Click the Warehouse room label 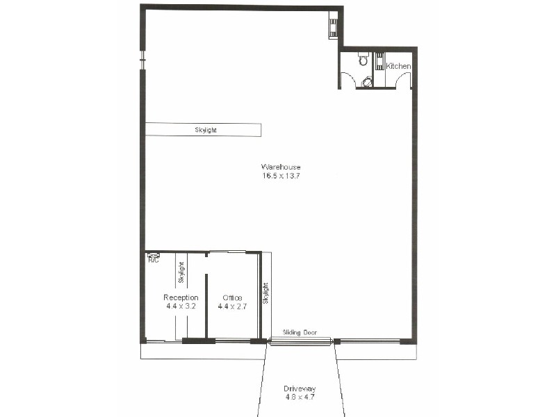pos(281,167)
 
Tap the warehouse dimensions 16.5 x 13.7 pos(281,176)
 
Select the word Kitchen pos(399,66)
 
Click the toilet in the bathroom pos(363,60)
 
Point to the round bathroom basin pos(367,82)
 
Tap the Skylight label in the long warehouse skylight pos(206,130)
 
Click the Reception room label pos(181,297)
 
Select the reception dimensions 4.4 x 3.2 pos(181,306)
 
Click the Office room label pos(232,298)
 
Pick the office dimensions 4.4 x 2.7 pos(232,306)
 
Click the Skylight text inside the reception pos(182,272)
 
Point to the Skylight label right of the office pos(265,293)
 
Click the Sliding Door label pos(300,333)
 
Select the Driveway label pos(300,389)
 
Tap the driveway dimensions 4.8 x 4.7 pos(300,397)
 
